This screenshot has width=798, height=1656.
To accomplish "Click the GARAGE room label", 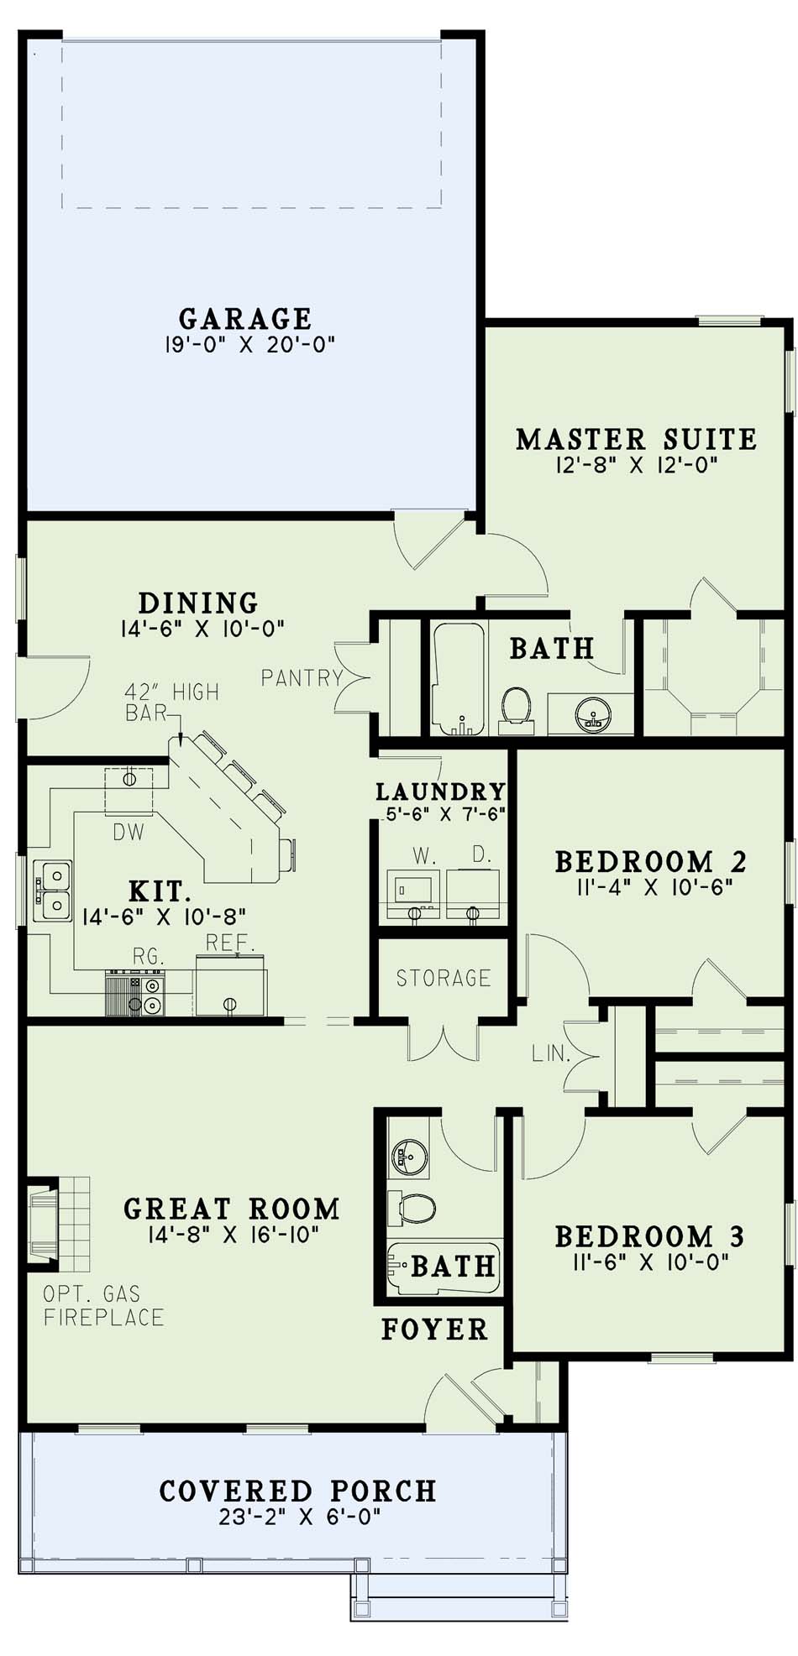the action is [x=245, y=319].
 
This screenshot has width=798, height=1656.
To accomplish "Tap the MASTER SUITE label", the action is [x=636, y=439].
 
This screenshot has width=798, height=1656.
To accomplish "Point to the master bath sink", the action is [x=593, y=715].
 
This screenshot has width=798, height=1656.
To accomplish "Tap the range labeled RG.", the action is [x=134, y=992].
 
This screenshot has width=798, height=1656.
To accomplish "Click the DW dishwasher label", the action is [x=129, y=832].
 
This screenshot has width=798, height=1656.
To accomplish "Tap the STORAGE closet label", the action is [x=444, y=978].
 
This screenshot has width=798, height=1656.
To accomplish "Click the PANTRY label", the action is [x=302, y=677].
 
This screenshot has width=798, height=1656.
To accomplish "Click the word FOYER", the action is [x=434, y=1329].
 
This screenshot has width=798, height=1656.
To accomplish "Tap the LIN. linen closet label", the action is [x=551, y=1053].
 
